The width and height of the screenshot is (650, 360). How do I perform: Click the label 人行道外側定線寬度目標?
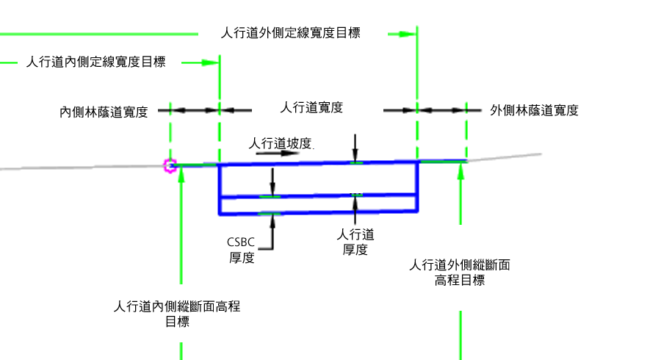(x=291, y=33)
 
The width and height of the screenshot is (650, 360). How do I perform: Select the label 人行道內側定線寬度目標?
(x=95, y=62)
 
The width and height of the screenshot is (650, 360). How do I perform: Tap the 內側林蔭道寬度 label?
(x=104, y=112)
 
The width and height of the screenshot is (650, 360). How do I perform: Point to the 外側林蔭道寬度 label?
(x=534, y=110)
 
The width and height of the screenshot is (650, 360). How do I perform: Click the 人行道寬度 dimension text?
(x=311, y=107)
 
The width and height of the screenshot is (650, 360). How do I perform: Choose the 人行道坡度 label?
(x=281, y=143)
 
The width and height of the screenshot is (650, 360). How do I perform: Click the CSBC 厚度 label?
(x=241, y=250)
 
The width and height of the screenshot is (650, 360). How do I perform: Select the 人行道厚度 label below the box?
(x=355, y=242)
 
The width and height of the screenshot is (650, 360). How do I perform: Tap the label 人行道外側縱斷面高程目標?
(x=460, y=273)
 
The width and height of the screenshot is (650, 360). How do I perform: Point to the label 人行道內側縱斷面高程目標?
(x=177, y=314)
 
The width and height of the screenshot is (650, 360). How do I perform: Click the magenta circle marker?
(x=170, y=166)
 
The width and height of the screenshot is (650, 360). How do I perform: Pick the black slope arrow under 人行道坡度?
(x=278, y=154)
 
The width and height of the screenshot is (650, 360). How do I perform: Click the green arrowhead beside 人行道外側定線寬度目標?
(x=408, y=34)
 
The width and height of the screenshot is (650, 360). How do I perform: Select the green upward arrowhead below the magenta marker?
(x=181, y=174)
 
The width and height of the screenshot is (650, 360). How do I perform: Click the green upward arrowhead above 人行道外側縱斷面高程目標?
(x=461, y=171)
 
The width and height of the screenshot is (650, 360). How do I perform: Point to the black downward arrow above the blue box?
(x=355, y=148)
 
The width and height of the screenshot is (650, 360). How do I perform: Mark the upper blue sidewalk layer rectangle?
(x=318, y=179)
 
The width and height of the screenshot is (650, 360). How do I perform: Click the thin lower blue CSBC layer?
(x=318, y=204)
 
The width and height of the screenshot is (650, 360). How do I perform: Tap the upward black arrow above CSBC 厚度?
(x=272, y=232)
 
